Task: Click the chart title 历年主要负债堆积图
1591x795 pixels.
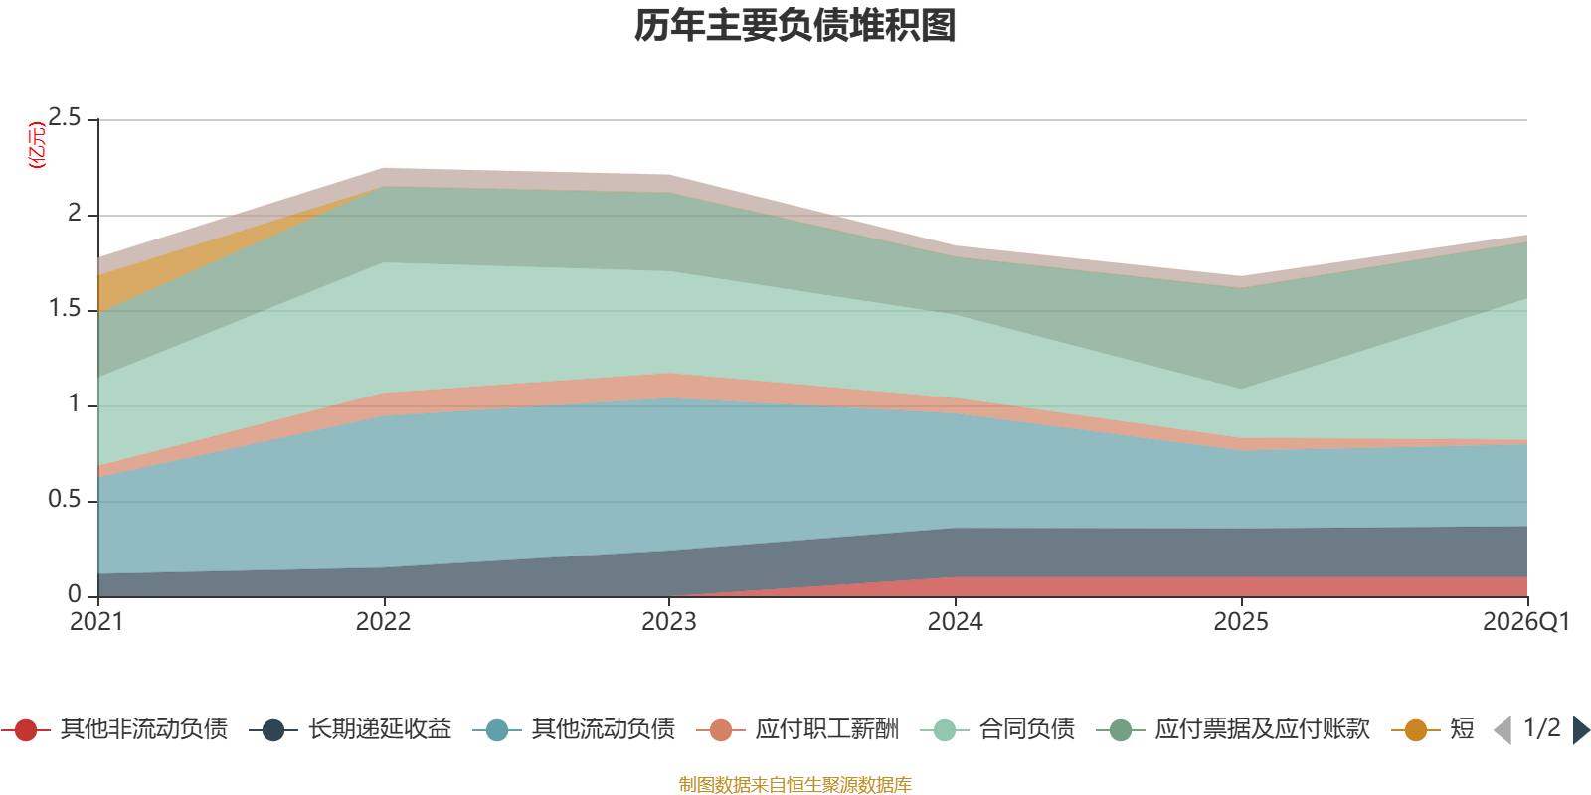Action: pyautogui.click(x=795, y=26)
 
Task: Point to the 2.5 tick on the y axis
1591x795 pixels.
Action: pyautogui.click(x=65, y=118)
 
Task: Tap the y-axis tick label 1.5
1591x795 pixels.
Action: pyautogui.click(x=65, y=309)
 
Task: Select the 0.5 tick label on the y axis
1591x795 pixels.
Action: pyautogui.click(x=65, y=500)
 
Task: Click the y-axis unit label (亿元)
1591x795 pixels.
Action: pyautogui.click(x=37, y=145)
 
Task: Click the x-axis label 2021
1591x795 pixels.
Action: pyautogui.click(x=96, y=622)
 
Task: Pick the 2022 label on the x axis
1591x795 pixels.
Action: pyautogui.click(x=383, y=622)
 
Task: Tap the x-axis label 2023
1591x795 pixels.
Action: pyautogui.click(x=669, y=622)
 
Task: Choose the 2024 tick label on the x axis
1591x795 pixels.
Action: pyautogui.click(x=955, y=622)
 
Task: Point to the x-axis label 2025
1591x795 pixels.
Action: pyautogui.click(x=1241, y=622)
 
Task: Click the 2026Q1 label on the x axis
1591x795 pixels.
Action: pyautogui.click(x=1525, y=622)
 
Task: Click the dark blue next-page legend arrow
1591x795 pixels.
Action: pyautogui.click(x=1581, y=730)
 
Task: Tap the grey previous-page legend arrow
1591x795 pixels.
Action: pyautogui.click(x=1503, y=730)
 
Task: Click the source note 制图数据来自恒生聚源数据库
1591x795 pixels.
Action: pyautogui.click(x=795, y=785)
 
